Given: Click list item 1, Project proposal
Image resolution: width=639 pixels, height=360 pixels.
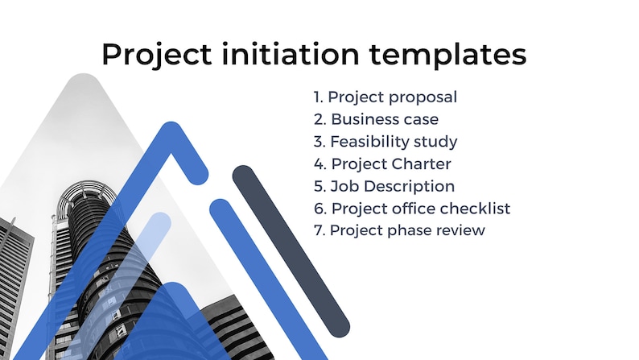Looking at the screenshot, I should pyautogui.click(x=385, y=97).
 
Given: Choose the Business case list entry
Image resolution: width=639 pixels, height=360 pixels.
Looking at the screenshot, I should pyautogui.click(x=376, y=119).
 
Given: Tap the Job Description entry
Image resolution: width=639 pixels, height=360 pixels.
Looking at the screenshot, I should pyautogui.click(x=384, y=186).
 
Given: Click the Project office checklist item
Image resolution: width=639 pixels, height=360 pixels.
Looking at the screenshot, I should pyautogui.click(x=412, y=209).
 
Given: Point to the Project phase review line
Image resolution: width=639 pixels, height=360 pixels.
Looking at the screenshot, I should pyautogui.click(x=399, y=230).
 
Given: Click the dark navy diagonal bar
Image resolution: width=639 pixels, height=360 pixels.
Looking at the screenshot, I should pyautogui.click(x=291, y=250).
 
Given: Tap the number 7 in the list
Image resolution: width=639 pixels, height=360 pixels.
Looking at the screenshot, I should pyautogui.click(x=318, y=230).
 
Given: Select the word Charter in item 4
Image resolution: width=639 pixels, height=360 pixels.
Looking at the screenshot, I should pyautogui.click(x=424, y=164).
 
